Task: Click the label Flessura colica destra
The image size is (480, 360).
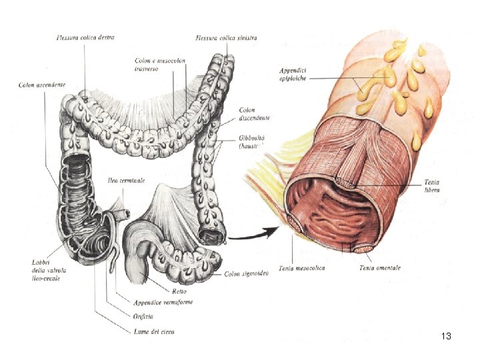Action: pos(85,38)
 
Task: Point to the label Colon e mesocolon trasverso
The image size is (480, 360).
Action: pos(160,65)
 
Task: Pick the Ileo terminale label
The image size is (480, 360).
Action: pos(126,181)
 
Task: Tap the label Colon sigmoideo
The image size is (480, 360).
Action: pos(247,274)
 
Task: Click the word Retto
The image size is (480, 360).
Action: pos(178,291)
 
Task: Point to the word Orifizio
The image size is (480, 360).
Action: pos(141,315)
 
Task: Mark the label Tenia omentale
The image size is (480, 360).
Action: pos(380,267)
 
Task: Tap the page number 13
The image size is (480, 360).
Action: pos(446,336)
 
